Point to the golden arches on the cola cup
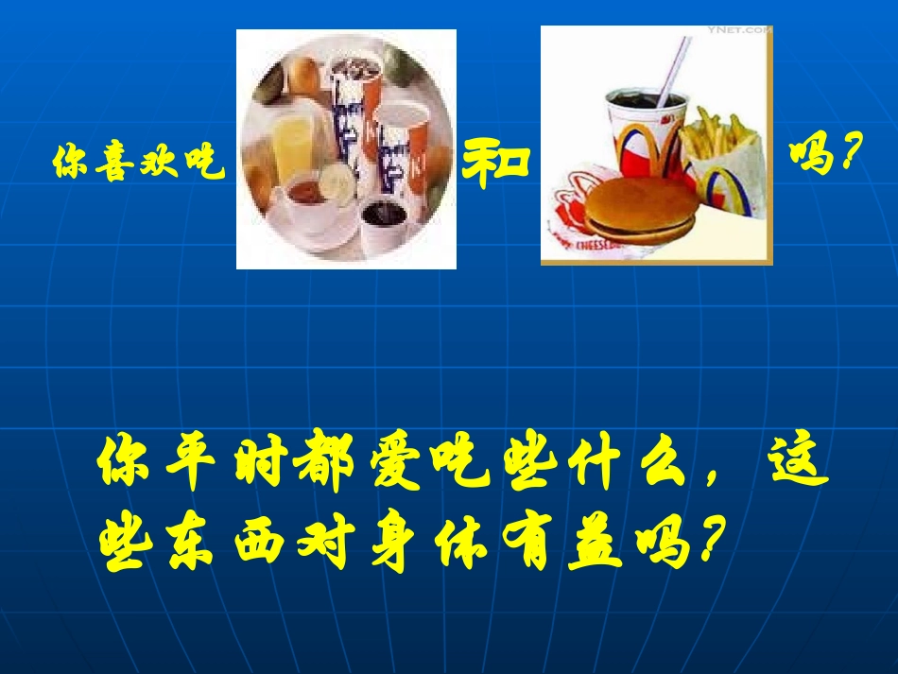coord(647,142)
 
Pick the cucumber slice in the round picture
coord(337,181)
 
